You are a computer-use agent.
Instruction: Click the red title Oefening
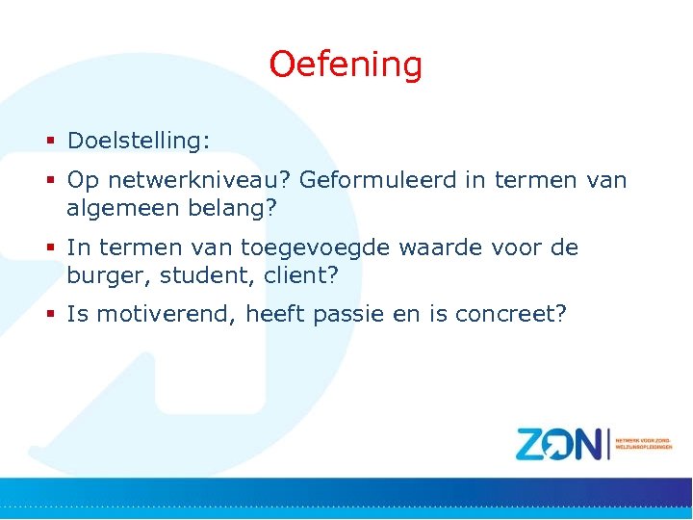point(346,65)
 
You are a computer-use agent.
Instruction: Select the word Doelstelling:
point(138,141)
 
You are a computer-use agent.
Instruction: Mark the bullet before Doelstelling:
point(52,142)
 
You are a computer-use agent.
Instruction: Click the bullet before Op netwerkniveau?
point(52,181)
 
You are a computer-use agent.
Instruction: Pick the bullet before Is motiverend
point(52,315)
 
